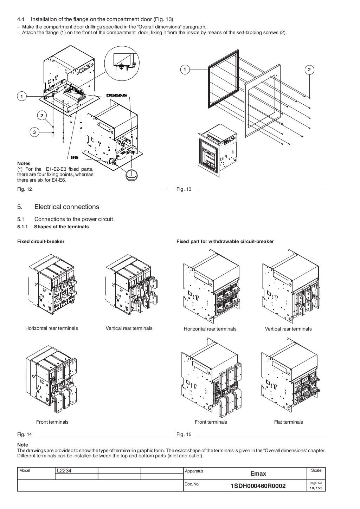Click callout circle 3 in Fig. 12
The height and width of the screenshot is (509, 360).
point(34,132)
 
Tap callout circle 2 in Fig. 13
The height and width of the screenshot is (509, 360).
point(309,70)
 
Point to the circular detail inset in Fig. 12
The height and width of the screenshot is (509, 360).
point(122,63)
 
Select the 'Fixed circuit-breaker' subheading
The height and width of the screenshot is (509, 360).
point(41,241)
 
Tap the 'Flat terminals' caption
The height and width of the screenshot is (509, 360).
point(288,422)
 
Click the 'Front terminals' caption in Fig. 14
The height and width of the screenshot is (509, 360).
point(52,422)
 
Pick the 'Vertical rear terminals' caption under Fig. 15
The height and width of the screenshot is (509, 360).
point(288,329)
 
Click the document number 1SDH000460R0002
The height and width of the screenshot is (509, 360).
point(258,486)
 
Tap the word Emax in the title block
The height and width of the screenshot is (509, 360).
point(258,474)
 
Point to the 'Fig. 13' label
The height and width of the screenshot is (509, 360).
point(184,189)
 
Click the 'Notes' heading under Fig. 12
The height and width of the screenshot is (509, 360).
point(24,163)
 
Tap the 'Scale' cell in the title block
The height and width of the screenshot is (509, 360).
point(316,470)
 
